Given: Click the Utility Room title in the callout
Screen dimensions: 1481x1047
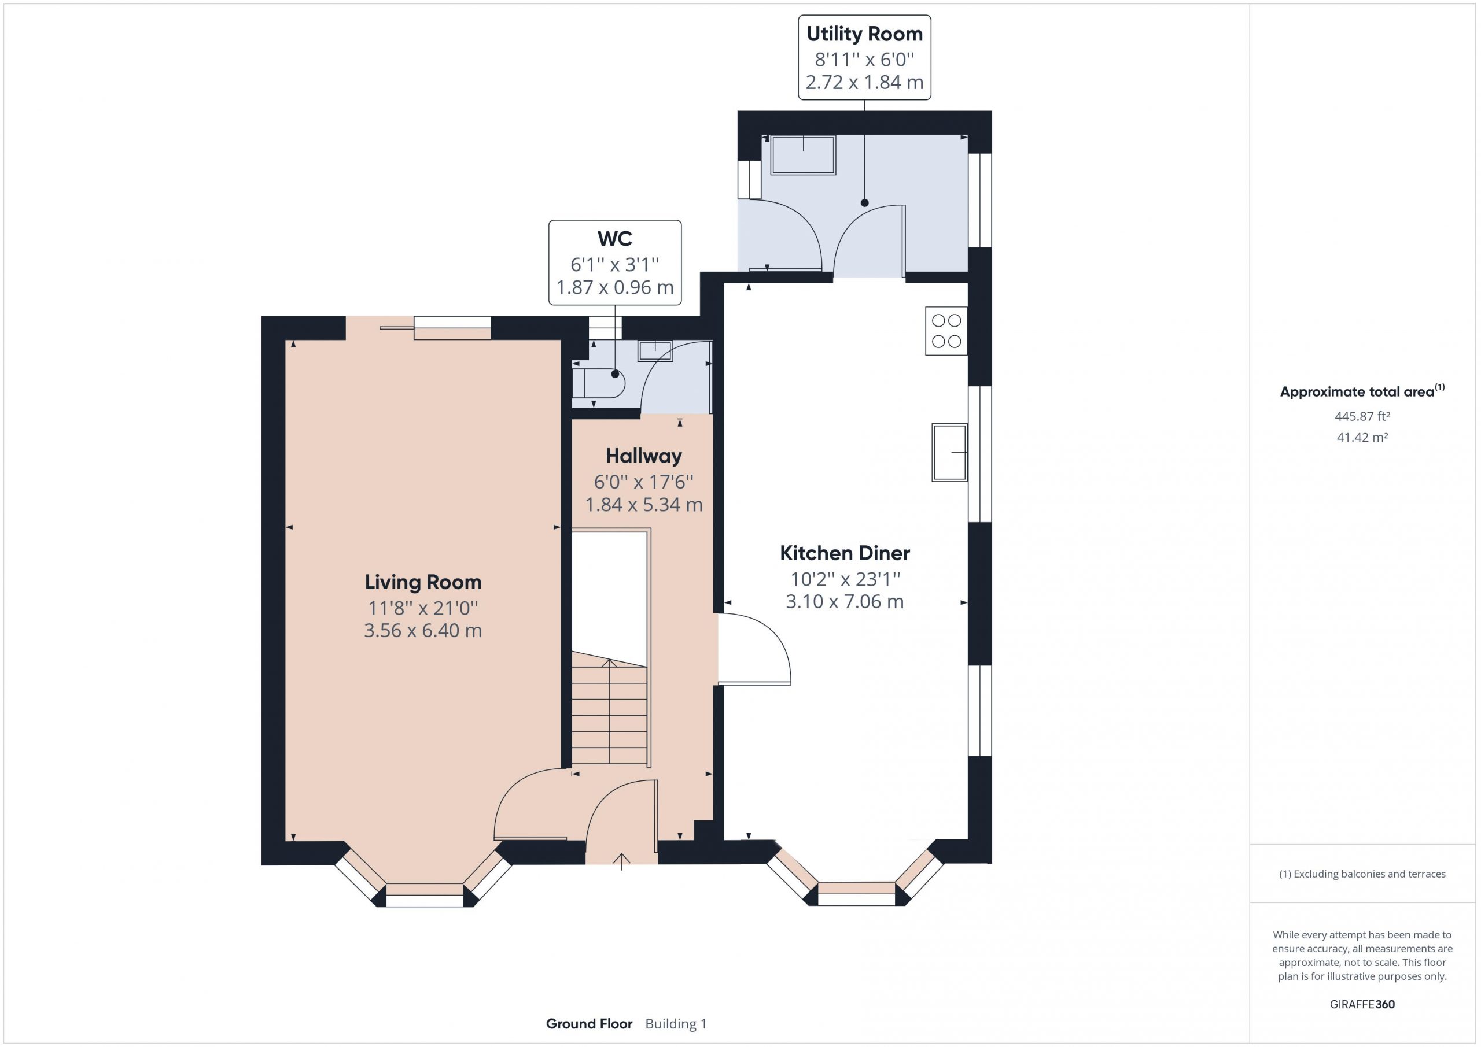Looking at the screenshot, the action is (864, 34).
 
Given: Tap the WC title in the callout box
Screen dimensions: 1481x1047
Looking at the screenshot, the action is (615, 239).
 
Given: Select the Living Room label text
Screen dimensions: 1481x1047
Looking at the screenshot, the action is (423, 582).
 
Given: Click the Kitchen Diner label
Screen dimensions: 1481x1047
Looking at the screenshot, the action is (845, 553).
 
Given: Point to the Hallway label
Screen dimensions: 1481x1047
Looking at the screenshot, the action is (644, 457).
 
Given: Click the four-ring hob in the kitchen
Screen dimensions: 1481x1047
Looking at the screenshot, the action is (946, 331).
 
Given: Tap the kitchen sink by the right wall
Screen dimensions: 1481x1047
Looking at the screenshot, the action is (949, 453).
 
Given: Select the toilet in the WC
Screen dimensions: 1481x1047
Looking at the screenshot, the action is (599, 384).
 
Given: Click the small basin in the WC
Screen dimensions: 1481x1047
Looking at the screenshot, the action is (655, 351).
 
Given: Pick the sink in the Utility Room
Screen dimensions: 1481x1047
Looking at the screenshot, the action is (803, 155).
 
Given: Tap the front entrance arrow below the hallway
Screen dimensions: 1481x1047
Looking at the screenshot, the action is (621, 862).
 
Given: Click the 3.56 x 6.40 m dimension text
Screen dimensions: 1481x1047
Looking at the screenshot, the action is (423, 631).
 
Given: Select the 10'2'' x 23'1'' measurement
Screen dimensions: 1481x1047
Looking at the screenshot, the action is (845, 579).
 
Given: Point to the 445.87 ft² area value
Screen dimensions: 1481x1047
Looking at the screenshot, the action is (1362, 416).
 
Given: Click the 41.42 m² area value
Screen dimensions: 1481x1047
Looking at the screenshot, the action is (1362, 437).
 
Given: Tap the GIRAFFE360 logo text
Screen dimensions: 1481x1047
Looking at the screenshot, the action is (1362, 1004).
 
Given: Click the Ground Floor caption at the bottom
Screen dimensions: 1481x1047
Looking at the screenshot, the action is (589, 1024).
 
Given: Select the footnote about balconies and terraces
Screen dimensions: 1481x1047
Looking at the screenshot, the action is (1362, 874).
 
